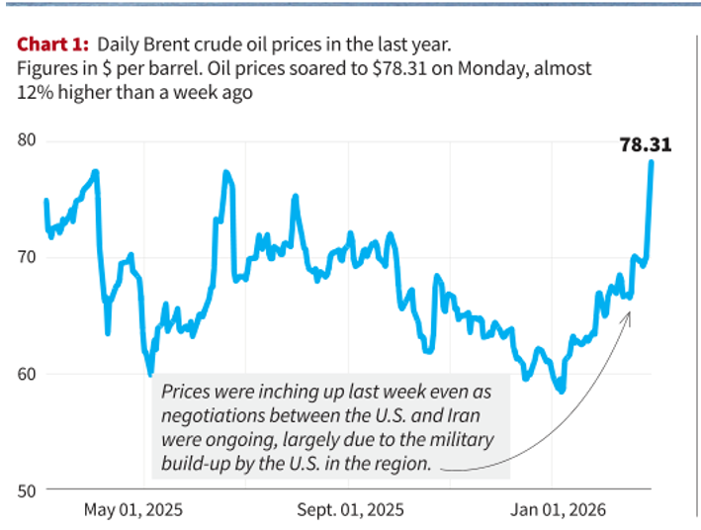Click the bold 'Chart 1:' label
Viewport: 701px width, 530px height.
pos(52,45)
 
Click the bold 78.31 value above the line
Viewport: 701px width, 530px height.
pos(645,144)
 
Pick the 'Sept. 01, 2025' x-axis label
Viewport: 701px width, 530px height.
pos(351,511)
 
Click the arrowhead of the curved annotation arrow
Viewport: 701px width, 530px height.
pos(629,314)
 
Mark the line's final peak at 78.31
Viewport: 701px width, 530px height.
pos(652,161)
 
